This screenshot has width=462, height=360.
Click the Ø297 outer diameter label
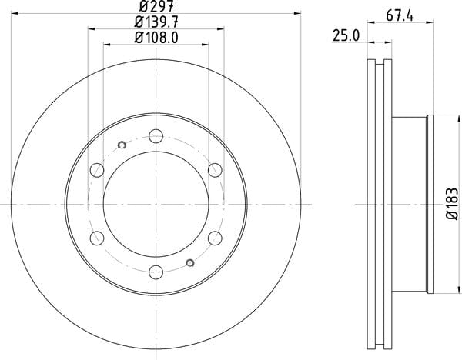click(157, 5)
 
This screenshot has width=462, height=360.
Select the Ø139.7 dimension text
click(156, 22)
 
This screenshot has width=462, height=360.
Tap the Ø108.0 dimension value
click(156, 38)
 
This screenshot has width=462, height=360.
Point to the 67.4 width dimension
click(400, 15)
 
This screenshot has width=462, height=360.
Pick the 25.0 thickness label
click(346, 36)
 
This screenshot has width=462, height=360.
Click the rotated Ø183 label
click(452, 204)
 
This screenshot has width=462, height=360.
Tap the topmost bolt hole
click(156, 136)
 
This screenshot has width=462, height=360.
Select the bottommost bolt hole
click(156, 272)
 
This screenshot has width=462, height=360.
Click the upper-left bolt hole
click(97, 170)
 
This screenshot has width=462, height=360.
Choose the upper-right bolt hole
click(215, 170)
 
